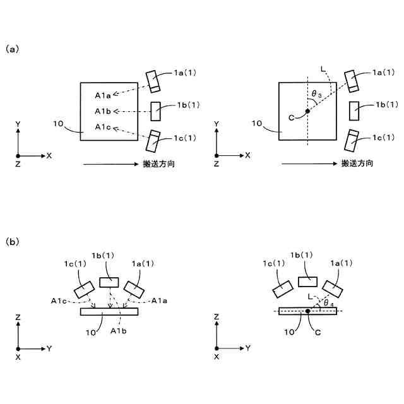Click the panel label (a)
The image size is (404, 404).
click(x=11, y=49)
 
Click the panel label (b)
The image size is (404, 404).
click(x=11, y=241)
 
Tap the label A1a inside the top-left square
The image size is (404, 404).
click(x=103, y=96)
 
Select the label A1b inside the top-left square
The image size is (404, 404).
click(x=103, y=112)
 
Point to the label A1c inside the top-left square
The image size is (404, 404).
click(x=103, y=128)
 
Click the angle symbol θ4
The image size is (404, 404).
click(x=329, y=304)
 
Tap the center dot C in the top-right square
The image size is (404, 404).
click(x=307, y=111)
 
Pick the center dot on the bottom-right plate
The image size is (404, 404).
click(x=307, y=311)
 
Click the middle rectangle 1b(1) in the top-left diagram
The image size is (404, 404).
click(x=155, y=111)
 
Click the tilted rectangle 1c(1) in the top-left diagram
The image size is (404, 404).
click(x=153, y=140)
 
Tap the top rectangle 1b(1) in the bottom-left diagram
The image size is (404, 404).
click(x=109, y=282)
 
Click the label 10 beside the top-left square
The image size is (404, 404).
click(x=59, y=124)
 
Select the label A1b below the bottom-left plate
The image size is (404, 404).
click(x=118, y=330)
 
